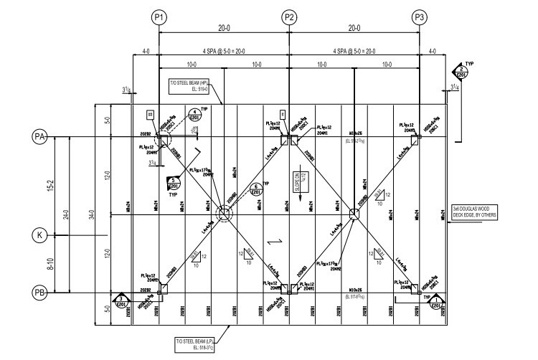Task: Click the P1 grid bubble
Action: [160, 16]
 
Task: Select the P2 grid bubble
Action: [289, 16]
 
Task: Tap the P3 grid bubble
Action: [419, 16]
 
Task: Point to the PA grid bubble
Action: [40, 136]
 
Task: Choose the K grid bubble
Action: [40, 235]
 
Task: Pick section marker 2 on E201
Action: [461, 72]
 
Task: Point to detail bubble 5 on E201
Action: [174, 183]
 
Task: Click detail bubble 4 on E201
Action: [194, 115]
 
